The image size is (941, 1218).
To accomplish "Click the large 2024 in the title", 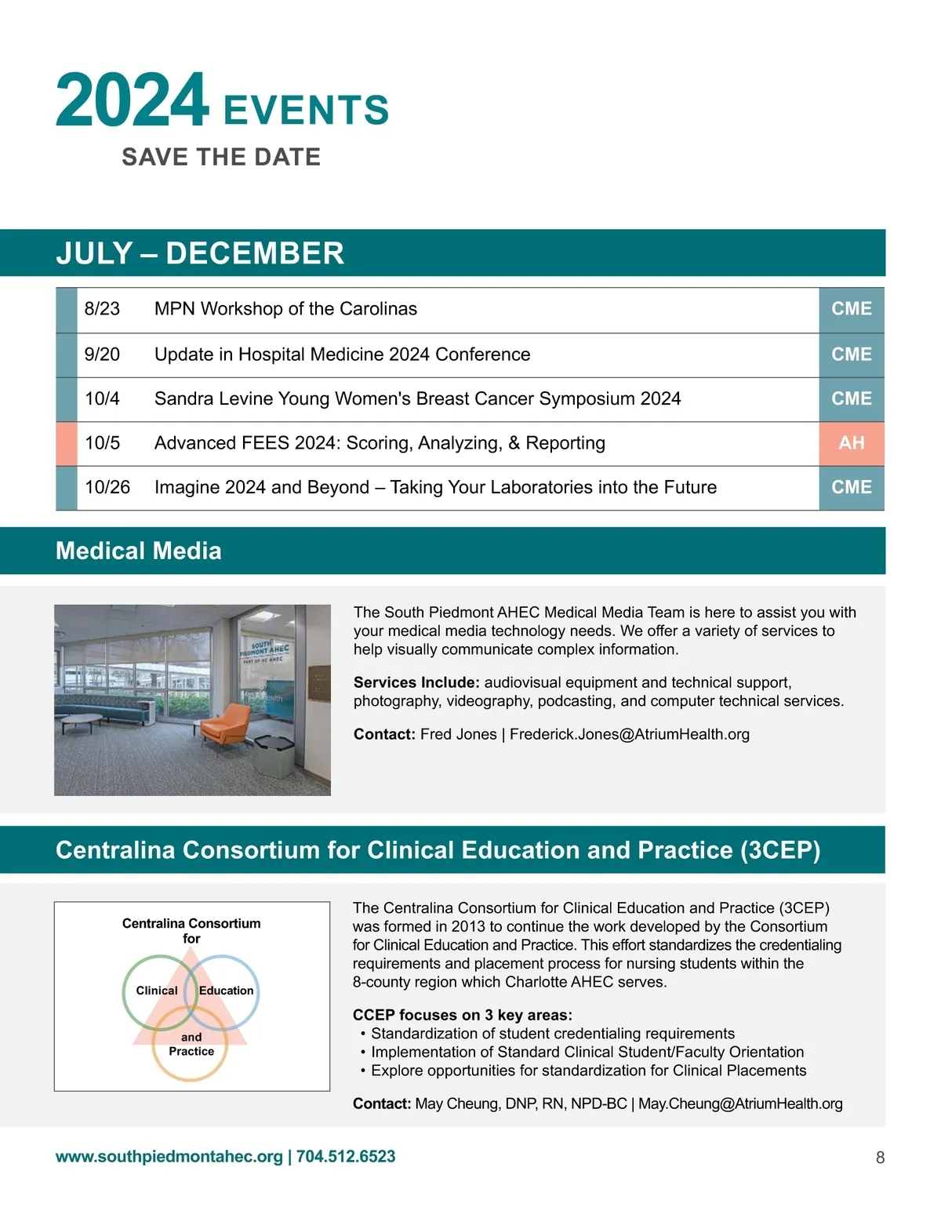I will point(132,100).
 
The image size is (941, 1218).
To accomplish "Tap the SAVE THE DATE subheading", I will point(220,157).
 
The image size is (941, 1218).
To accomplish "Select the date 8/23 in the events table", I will point(102,309).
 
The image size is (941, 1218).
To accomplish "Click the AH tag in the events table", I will point(851,443).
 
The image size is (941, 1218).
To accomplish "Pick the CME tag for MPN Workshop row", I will point(851,309).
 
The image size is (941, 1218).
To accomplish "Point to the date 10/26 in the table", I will point(107,488).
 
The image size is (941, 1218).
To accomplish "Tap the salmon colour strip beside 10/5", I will point(67,443).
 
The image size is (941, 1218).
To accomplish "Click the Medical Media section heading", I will point(139,551).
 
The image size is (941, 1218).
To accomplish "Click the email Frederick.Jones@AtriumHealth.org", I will point(629,735).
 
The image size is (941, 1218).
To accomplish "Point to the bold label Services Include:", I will point(416,682).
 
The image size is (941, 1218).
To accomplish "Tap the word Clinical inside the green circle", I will point(157,991).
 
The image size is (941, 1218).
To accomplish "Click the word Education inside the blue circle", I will point(226,991).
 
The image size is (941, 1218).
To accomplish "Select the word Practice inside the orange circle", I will point(191,1052).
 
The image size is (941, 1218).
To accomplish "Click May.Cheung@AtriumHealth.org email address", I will point(739,1103).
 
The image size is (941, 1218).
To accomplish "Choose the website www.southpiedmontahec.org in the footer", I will point(169,1157).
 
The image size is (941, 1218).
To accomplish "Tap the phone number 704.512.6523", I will point(346,1157).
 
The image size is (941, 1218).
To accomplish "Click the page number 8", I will point(880,1158).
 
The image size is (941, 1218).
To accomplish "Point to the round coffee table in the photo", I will point(82,719).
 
